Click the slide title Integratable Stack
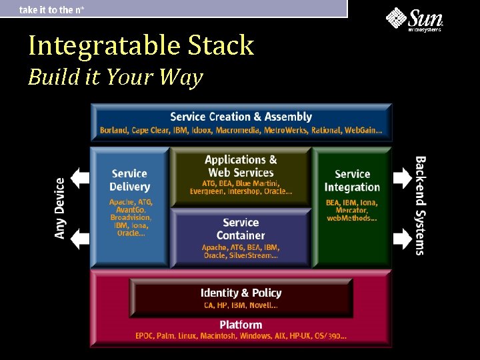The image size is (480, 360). pyautogui.click(x=141, y=46)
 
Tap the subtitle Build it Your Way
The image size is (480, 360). pyautogui.click(x=115, y=77)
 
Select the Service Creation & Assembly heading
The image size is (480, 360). pyautogui.click(x=241, y=117)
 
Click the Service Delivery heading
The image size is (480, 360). pyautogui.click(x=129, y=180)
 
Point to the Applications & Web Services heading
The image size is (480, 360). pyautogui.click(x=241, y=166)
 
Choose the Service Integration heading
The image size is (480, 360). pyautogui.click(x=352, y=181)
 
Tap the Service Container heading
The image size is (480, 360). pyautogui.click(x=241, y=229)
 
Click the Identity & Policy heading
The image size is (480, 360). pyautogui.click(x=241, y=293)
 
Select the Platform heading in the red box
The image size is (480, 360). pyautogui.click(x=241, y=325)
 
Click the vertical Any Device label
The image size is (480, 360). pyautogui.click(x=60, y=208)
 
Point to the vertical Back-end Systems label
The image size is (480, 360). pyautogui.click(x=421, y=205)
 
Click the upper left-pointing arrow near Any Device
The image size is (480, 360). pyautogui.click(x=80, y=177)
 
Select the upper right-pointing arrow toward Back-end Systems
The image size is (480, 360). pyautogui.click(x=402, y=177)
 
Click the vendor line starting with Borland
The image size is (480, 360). pyautogui.click(x=241, y=130)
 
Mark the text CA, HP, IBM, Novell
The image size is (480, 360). pyautogui.click(x=241, y=305)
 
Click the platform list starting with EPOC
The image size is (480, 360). pyautogui.click(x=241, y=336)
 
